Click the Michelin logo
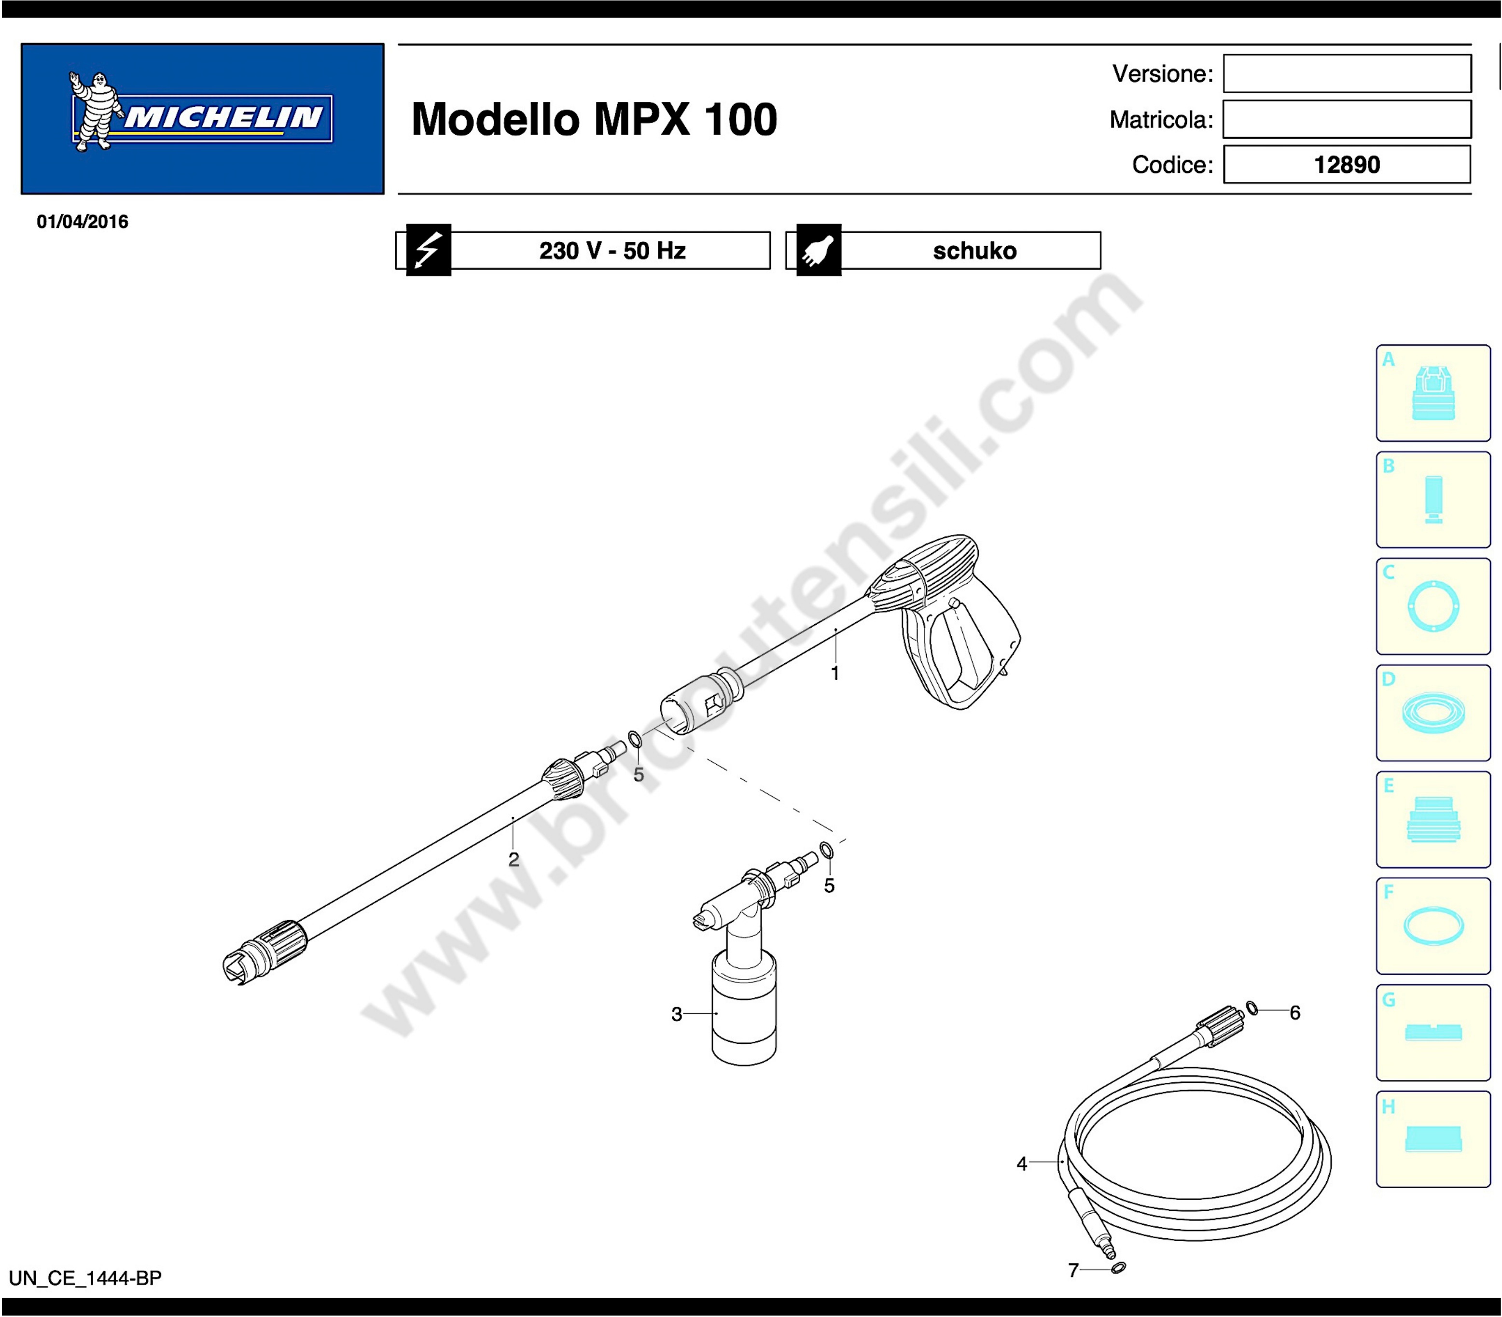coord(202,118)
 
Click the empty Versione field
coord(1347,73)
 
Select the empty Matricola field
coord(1347,119)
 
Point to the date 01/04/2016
coord(83,222)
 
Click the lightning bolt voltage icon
coord(429,250)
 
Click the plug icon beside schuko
coord(819,250)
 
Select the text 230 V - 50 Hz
coord(612,251)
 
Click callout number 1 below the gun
coord(835,673)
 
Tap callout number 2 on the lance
coord(514,859)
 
